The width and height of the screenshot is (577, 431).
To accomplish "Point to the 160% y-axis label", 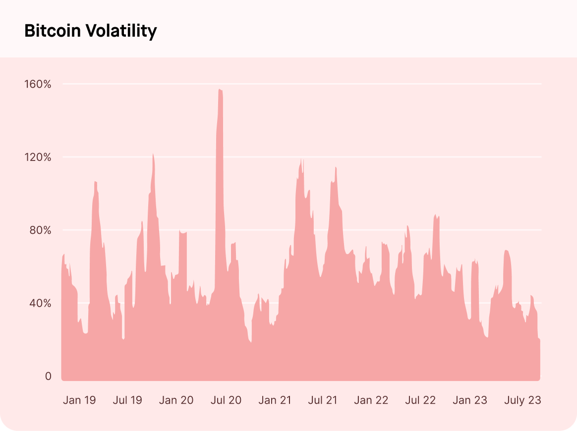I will point(38,84).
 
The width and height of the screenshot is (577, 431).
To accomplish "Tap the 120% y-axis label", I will point(38,158).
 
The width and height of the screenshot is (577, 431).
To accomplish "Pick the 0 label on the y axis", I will point(48,377).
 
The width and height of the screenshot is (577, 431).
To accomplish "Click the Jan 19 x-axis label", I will point(79,400).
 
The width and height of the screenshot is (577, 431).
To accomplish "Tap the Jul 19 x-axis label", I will point(127,400).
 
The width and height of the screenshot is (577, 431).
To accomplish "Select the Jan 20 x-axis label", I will point(176,400).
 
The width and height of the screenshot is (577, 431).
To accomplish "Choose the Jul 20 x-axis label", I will point(226,400).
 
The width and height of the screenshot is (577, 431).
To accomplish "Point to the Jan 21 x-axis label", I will point(275,400).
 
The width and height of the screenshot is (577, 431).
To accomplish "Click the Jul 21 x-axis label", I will point(323,400).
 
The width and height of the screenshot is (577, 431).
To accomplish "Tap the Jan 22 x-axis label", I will point(371,400).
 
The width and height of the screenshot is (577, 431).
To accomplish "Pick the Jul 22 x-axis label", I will point(420,400).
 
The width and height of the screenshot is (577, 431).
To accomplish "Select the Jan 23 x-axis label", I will point(469,400).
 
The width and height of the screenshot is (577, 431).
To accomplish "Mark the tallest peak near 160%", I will point(220,90).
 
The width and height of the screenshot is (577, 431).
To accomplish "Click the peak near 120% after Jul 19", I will point(153,155).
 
